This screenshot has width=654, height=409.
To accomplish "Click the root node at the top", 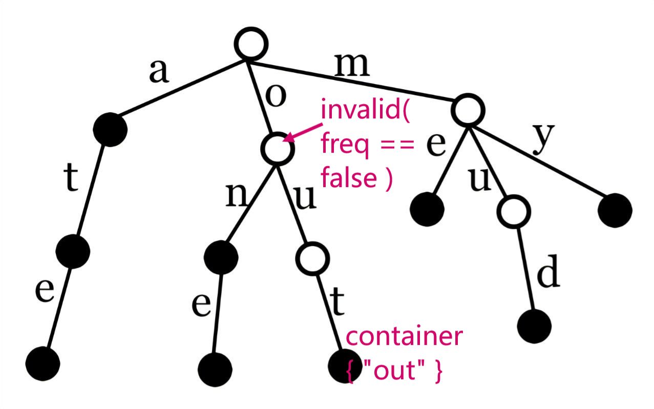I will (x=252, y=44).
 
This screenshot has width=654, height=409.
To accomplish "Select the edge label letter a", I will (x=158, y=71).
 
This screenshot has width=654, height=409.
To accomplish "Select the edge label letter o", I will (x=275, y=96).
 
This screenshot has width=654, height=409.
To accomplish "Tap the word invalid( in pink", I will (x=365, y=111).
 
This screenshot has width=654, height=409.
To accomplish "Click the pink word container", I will (x=405, y=337).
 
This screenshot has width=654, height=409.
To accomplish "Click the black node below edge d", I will (x=534, y=325).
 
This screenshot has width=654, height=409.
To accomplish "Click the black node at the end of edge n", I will (x=221, y=257).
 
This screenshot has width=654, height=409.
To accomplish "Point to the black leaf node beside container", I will (x=342, y=365).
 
